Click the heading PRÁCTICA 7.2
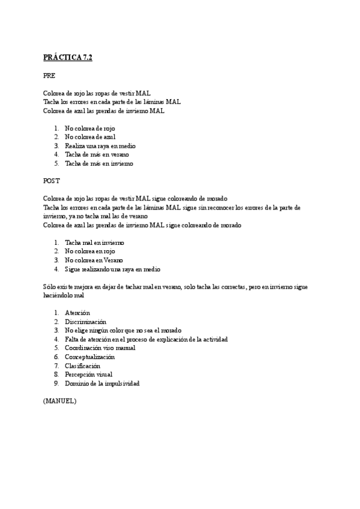coord(68,58)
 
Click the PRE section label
coord(49,76)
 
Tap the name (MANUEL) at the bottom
coord(59,401)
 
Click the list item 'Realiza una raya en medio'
coord(100,146)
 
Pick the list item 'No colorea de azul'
coord(90,137)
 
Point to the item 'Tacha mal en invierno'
coord(95,242)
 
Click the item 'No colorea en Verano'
coord(94,260)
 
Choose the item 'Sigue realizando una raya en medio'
coord(113,269)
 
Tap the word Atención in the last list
coord(77,313)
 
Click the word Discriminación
coord(86,322)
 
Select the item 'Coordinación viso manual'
coord(100,348)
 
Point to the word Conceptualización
coord(89,357)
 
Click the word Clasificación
coord(82,366)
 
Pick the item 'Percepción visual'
coord(89,374)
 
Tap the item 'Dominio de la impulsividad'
coord(102,383)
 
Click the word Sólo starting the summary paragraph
coord(49,287)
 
